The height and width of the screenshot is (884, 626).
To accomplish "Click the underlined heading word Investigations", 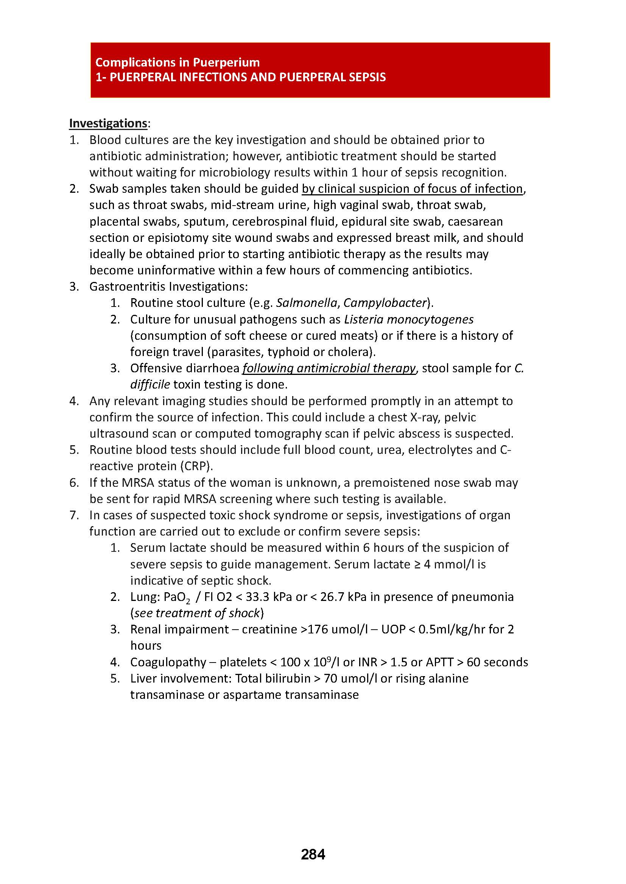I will [x=108, y=123].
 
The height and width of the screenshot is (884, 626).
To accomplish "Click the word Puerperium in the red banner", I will [x=226, y=62].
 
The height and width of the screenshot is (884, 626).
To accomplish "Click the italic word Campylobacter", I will [x=385, y=303].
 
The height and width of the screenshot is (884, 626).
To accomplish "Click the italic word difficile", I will [x=150, y=385].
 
